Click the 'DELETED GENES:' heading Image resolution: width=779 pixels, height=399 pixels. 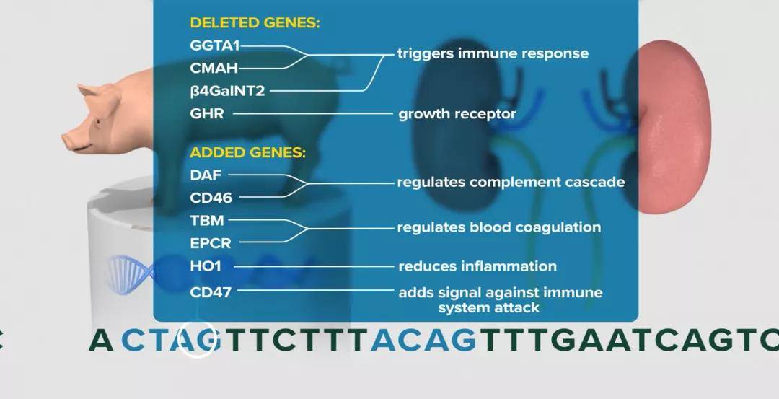(255, 23)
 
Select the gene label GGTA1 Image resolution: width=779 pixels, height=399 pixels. (215, 45)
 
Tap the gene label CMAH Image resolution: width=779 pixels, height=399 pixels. (214, 68)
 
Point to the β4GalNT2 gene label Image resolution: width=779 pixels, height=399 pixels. (227, 91)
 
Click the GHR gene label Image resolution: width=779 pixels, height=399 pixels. (207, 114)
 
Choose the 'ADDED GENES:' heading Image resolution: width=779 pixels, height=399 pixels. (248, 152)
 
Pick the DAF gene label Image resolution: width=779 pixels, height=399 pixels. (206, 175)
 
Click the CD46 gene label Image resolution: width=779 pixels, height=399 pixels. (211, 198)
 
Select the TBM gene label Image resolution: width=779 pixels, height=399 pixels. (207, 221)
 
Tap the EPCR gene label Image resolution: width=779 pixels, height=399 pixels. (211, 243)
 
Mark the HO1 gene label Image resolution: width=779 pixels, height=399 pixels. (205, 266)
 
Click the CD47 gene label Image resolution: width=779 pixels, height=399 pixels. (211, 292)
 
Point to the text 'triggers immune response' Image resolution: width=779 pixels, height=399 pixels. (493, 53)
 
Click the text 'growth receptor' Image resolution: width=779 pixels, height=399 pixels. (457, 114)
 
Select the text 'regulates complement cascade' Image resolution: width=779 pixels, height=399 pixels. (511, 183)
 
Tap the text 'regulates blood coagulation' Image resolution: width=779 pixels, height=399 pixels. (499, 227)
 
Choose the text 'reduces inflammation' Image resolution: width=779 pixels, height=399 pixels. (477, 266)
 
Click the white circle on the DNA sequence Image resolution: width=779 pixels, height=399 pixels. (197, 323)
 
